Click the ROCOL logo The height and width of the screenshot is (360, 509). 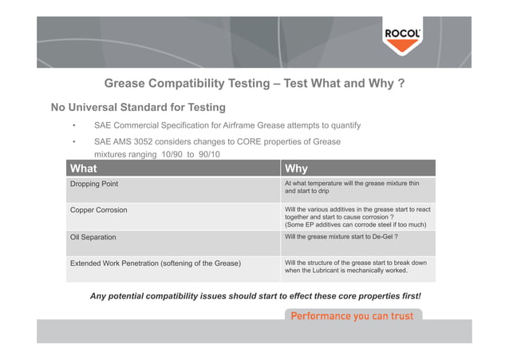pyautogui.click(x=403, y=35)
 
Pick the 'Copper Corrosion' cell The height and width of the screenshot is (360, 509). pyautogui.click(x=99, y=210)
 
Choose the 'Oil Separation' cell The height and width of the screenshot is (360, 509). pyautogui.click(x=93, y=237)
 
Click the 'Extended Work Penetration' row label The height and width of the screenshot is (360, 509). pyautogui.click(x=156, y=263)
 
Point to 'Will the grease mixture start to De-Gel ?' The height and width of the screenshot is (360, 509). pyautogui.click(x=341, y=237)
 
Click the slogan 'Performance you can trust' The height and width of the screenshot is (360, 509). pyautogui.click(x=352, y=316)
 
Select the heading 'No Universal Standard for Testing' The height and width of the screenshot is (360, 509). pyautogui.click(x=138, y=107)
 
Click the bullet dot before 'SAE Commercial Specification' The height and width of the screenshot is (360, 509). pyautogui.click(x=73, y=126)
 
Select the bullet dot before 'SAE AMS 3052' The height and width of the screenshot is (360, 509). pyautogui.click(x=73, y=143)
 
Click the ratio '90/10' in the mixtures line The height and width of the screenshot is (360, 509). pyautogui.click(x=207, y=154)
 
